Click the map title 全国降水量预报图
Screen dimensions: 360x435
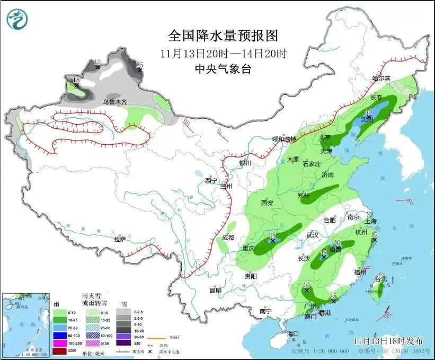pyautogui.click(x=223, y=36)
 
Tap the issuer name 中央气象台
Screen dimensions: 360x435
pyautogui.click(x=223, y=68)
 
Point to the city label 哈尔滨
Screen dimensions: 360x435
pyautogui.click(x=380, y=78)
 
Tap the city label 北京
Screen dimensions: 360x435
pyautogui.click(x=325, y=138)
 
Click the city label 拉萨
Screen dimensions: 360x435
pyautogui.click(x=120, y=239)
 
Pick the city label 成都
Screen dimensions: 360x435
pyautogui.click(x=228, y=238)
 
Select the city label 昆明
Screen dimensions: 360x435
pyautogui.click(x=215, y=290)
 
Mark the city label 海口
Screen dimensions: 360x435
pyautogui.click(x=294, y=333)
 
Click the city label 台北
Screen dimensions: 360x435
pyautogui.click(x=381, y=279)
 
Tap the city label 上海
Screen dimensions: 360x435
pyautogui.click(x=371, y=221)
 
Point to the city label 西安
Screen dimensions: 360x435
pyautogui.click(x=267, y=203)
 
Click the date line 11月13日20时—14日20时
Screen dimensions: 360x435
pyautogui.click(x=223, y=54)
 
